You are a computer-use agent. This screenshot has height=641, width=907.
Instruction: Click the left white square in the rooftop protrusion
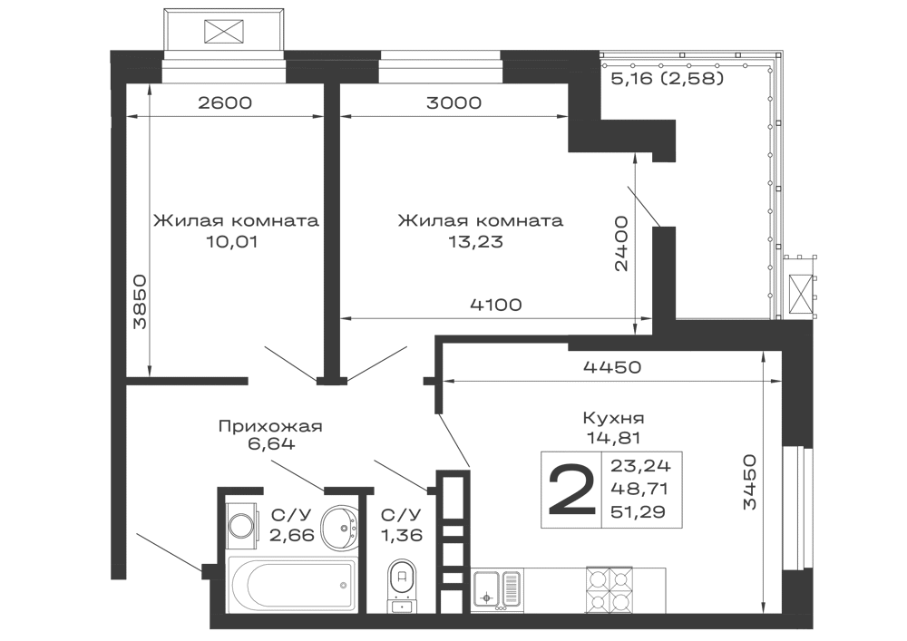(x=189, y=29)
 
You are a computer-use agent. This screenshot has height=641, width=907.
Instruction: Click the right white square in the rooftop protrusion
(x=261, y=29)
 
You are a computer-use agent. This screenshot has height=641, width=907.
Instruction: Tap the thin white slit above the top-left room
(x=225, y=76)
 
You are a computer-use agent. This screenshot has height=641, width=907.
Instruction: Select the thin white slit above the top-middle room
(x=443, y=76)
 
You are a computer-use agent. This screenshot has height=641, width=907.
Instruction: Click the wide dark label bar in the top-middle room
(x=479, y=221)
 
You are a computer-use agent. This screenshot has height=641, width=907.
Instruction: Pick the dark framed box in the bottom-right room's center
(x=613, y=490)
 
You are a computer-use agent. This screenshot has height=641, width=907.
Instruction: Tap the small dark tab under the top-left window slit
(x=225, y=101)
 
